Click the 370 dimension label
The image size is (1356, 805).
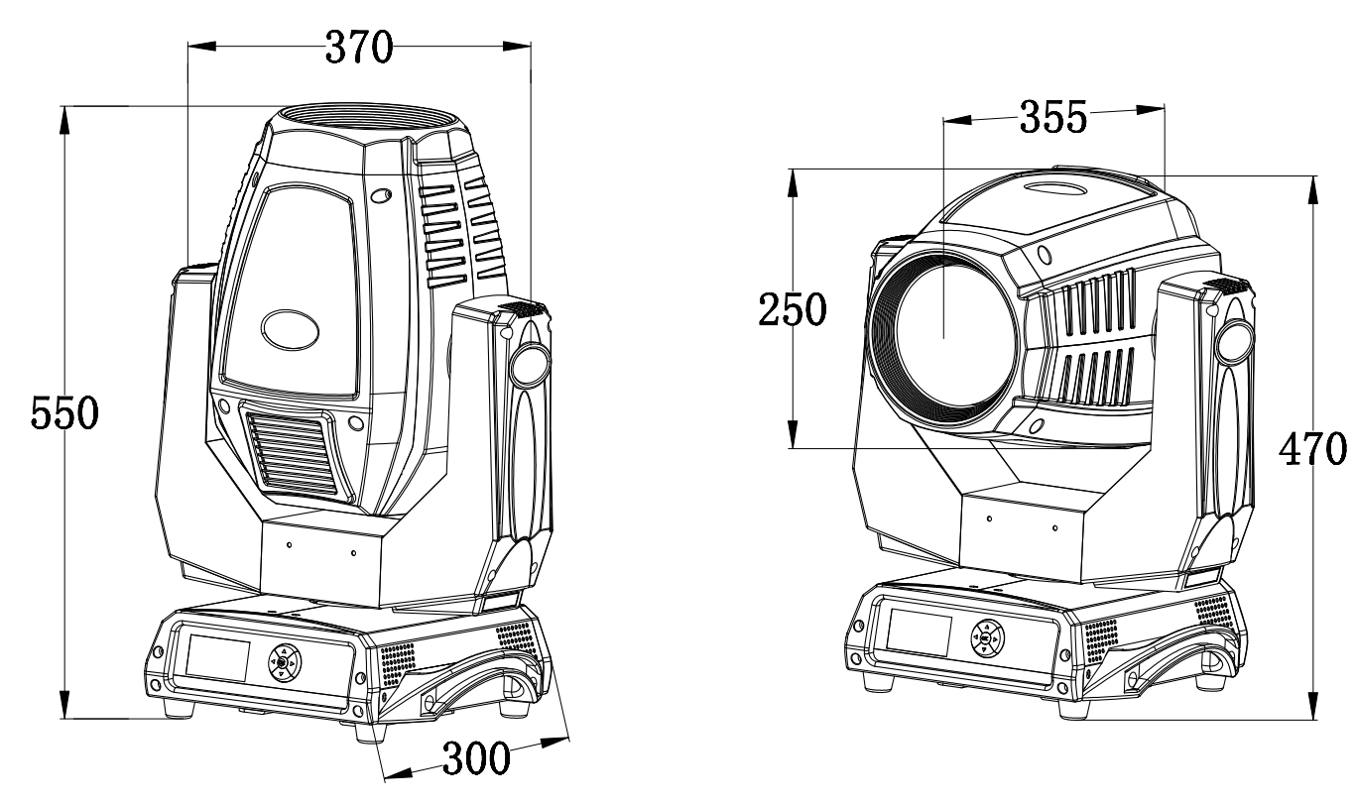359,48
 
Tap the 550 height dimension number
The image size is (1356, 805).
64,413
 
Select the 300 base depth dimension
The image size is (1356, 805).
476,758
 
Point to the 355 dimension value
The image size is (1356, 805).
1053,117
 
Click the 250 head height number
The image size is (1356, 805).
793,309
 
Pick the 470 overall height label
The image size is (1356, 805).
1313,449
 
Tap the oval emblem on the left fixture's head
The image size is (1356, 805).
291,329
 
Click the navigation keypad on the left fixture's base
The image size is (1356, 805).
285,662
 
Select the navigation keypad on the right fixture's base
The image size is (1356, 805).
987,638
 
